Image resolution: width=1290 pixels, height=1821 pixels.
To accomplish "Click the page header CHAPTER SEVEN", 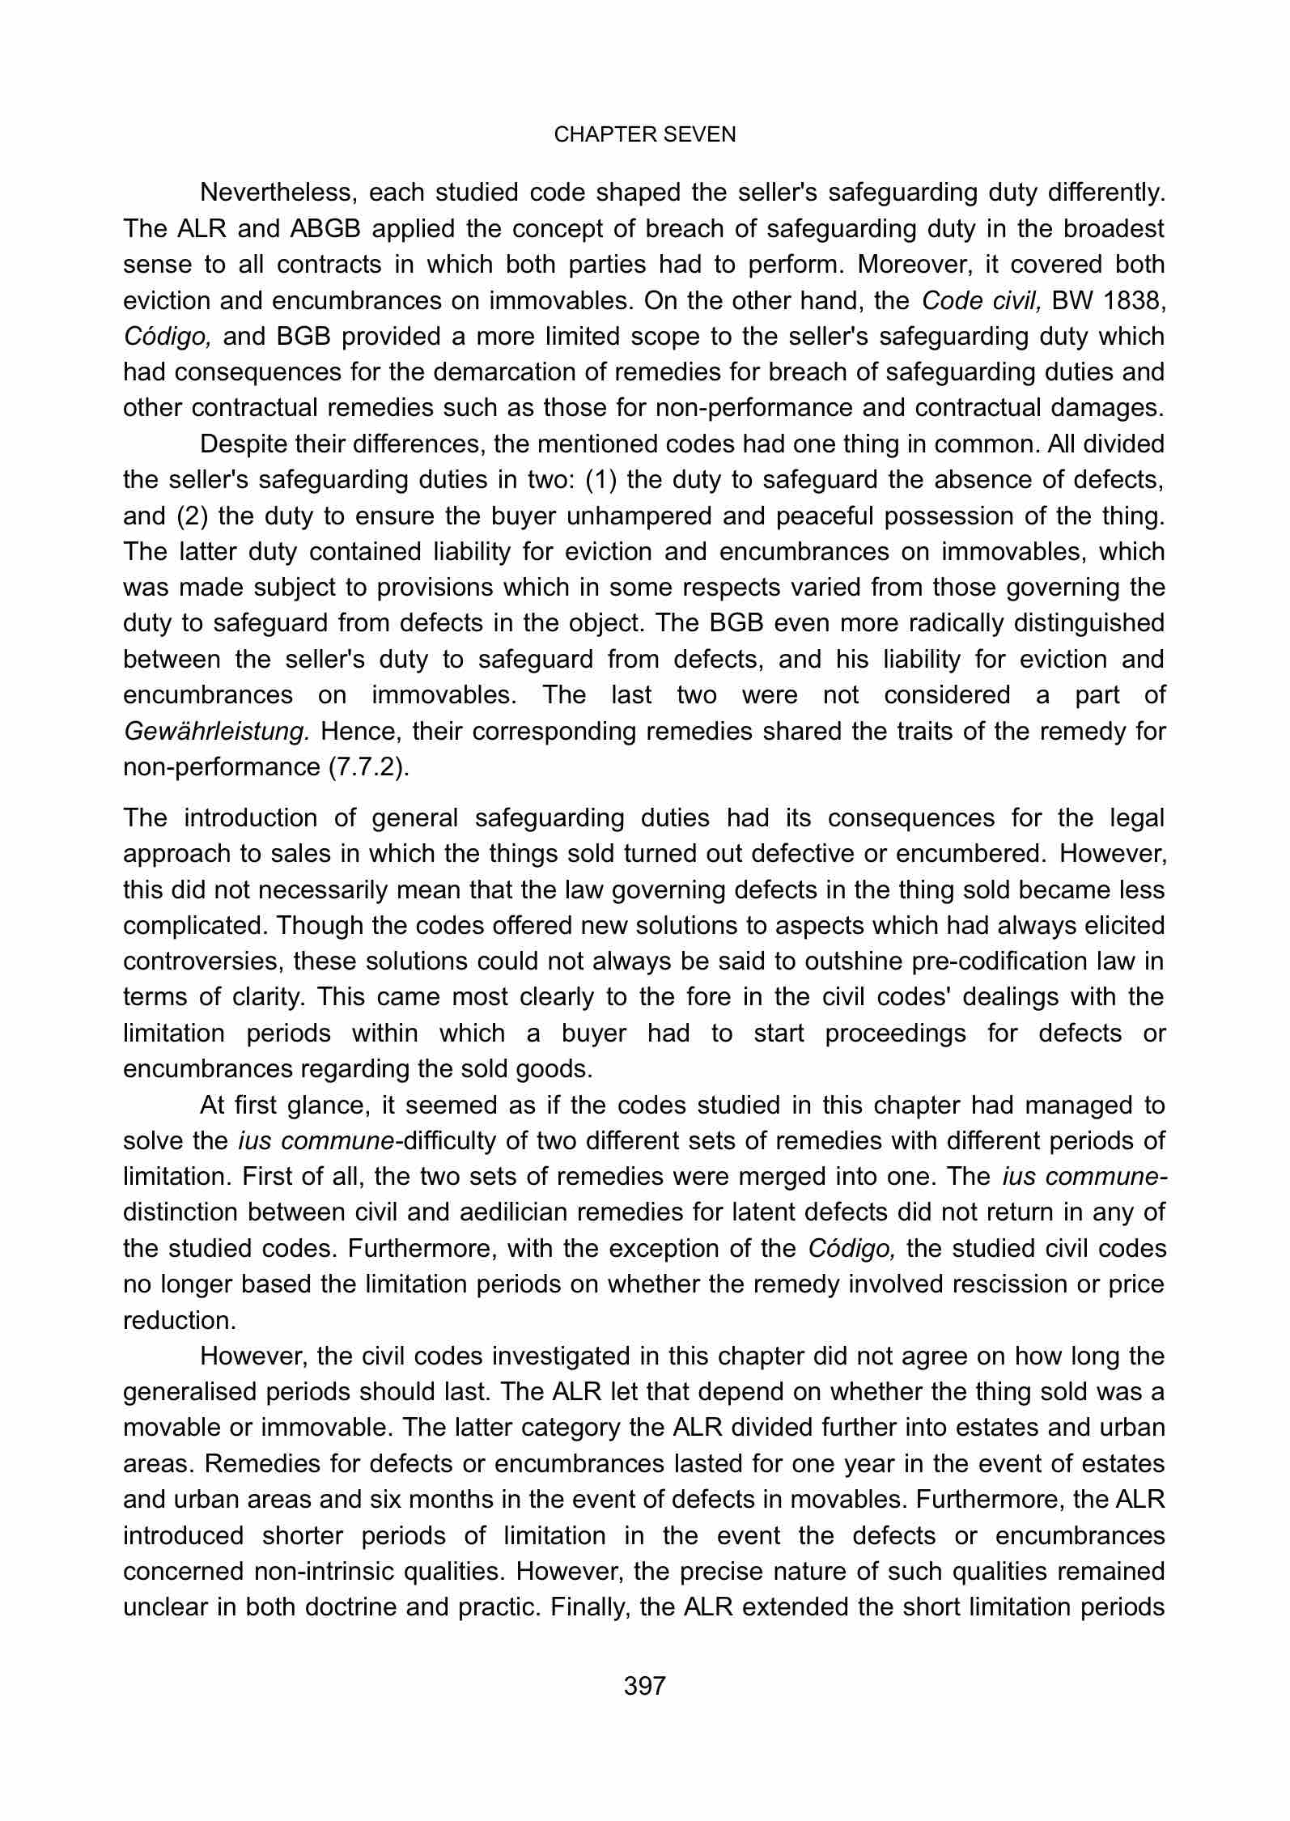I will (644, 135).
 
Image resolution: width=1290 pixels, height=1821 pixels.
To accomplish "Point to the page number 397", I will (644, 1686).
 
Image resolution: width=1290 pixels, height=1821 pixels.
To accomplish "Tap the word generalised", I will (195, 1392).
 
